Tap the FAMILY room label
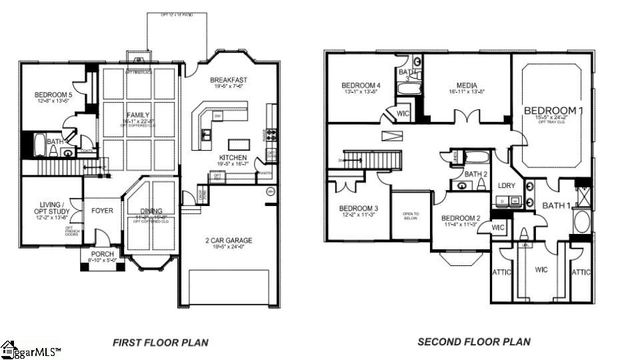click(x=137, y=116)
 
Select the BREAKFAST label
click(x=228, y=80)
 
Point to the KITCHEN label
click(x=232, y=158)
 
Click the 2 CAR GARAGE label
click(x=228, y=240)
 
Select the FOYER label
click(x=102, y=211)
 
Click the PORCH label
click(x=103, y=254)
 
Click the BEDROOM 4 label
click(x=361, y=85)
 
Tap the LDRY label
click(x=506, y=185)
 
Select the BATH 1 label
click(x=556, y=206)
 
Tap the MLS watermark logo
click(x=30, y=350)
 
